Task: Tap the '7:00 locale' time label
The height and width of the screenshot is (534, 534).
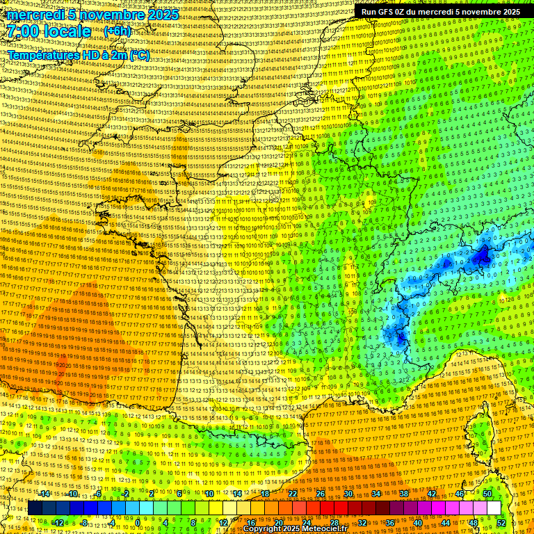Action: click(x=49, y=32)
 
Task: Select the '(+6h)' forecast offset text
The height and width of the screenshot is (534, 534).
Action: click(x=120, y=32)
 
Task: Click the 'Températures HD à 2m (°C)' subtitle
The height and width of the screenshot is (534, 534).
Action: click(x=79, y=55)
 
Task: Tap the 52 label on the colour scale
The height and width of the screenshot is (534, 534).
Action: click(x=501, y=522)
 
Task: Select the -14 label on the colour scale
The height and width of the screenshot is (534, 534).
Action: click(x=44, y=494)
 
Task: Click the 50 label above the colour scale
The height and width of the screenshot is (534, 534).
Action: click(x=487, y=494)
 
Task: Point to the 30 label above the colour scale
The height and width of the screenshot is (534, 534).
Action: click(x=348, y=494)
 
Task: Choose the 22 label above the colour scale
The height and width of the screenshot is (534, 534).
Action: click(x=293, y=494)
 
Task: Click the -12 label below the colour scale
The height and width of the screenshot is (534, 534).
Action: click(x=58, y=522)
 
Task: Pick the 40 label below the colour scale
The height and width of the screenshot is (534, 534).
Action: click(x=418, y=522)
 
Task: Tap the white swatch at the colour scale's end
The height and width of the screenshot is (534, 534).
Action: click(x=494, y=508)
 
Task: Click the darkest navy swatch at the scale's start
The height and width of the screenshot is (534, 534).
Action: click(x=35, y=508)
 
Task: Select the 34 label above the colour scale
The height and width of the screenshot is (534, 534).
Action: click(x=376, y=494)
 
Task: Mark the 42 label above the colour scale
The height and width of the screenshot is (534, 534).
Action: click(x=432, y=494)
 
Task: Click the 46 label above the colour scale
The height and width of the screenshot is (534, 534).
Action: click(x=460, y=494)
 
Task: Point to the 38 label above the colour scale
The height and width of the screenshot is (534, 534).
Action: click(x=404, y=494)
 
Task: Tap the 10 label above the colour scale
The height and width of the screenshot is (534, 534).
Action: click(x=209, y=494)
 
